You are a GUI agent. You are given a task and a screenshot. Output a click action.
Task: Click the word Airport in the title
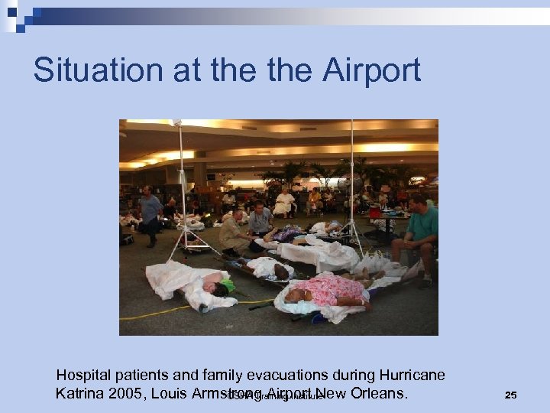click(372, 70)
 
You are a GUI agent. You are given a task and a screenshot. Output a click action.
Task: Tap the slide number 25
click(511, 395)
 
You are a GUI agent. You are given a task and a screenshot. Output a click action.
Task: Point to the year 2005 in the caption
click(125, 395)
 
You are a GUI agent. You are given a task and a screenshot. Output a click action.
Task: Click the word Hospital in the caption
click(86, 376)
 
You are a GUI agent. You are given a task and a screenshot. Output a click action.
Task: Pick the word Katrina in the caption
click(79, 395)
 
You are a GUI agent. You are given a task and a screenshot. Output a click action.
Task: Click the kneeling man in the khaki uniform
click(234, 235)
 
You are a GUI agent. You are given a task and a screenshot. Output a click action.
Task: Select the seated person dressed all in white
click(284, 203)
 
